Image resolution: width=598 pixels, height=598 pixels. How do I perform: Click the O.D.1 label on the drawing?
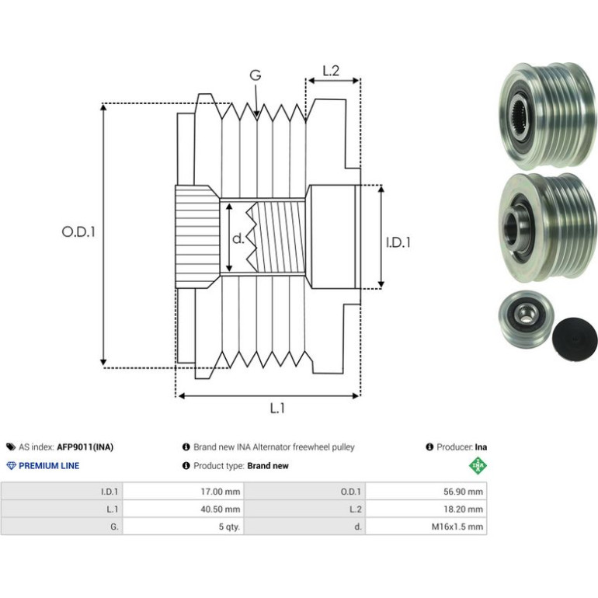point(78,231)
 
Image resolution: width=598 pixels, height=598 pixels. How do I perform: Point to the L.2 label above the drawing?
point(331,71)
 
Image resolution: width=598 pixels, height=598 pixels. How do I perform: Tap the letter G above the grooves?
point(256,75)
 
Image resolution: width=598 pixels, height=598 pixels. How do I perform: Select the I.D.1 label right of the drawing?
point(398,242)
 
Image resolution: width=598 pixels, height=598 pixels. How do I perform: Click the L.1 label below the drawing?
point(277,409)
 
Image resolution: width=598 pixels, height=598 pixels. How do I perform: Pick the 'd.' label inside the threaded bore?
point(238,238)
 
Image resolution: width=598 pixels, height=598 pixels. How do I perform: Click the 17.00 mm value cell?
point(183,491)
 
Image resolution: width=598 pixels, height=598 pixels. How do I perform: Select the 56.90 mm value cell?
point(426,491)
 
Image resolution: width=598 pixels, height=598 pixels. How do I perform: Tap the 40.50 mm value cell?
point(183,509)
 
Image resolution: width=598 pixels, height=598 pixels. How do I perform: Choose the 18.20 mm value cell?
point(426,509)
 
